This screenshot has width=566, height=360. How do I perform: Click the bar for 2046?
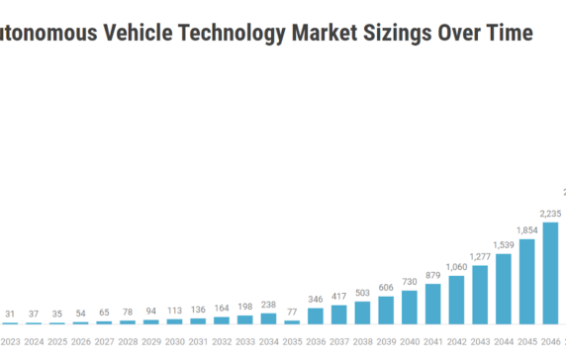550,273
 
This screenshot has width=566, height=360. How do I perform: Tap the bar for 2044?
504,289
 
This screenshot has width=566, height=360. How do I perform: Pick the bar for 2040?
410,307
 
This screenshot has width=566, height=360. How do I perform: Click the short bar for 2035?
292,321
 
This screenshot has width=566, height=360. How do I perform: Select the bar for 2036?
316,315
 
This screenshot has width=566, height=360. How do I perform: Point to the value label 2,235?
550,213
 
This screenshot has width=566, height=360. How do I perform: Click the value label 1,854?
526,230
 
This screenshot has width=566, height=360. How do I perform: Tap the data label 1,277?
480,257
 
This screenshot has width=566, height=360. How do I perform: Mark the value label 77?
292,312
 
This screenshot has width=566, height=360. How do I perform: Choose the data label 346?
316,299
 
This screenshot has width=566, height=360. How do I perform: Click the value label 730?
410,281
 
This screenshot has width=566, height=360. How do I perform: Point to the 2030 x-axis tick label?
175,341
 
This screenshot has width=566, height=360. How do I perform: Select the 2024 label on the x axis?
35,341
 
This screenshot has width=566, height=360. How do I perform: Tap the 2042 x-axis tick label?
456,341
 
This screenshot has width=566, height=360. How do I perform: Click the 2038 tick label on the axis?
362,341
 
